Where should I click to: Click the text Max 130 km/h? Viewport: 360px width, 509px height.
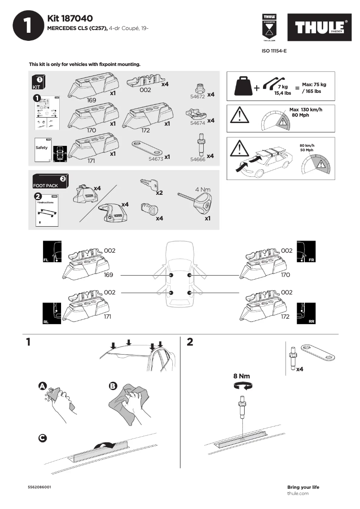[306, 110]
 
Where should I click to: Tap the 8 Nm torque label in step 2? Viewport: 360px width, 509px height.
[241, 376]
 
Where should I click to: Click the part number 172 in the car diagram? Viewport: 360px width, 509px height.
[285, 317]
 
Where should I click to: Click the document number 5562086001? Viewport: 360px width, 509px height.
[39, 487]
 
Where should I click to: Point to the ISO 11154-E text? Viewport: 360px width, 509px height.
[274, 51]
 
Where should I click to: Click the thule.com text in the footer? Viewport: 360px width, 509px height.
[298, 493]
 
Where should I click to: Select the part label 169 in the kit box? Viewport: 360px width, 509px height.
[92, 101]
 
